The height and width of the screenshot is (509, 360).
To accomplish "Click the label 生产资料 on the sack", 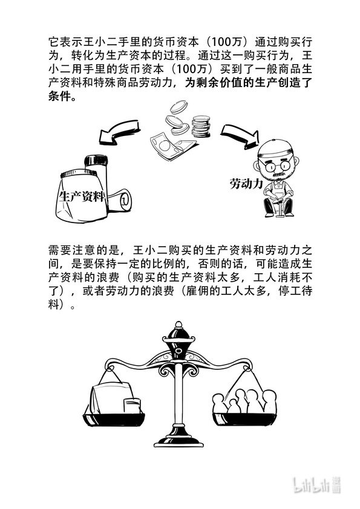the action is [x=82, y=196].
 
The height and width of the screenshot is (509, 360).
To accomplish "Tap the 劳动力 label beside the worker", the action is [x=246, y=184].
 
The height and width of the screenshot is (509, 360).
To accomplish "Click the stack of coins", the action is [x=200, y=126].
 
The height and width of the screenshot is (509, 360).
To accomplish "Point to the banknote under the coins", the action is [x=172, y=146].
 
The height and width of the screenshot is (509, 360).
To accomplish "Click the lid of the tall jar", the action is [x=96, y=160].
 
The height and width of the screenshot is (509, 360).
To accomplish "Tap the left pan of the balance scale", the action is [x=114, y=420].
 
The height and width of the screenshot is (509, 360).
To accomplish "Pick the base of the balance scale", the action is [x=178, y=441].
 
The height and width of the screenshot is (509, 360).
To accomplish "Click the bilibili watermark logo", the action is [x=317, y=485].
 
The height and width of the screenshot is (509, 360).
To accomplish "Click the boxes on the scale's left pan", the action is [x=116, y=399].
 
